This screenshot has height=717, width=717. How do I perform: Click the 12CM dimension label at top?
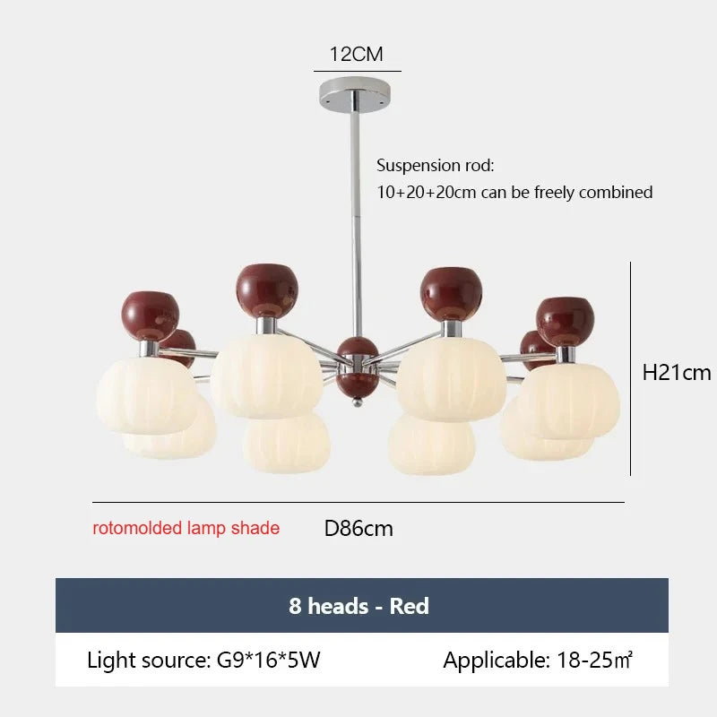point(356,54)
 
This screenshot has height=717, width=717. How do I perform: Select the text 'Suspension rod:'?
point(436,165)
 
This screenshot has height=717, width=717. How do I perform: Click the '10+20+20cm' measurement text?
point(427,193)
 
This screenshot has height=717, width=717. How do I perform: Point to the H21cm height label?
point(677,373)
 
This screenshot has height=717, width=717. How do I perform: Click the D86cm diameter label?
point(358,529)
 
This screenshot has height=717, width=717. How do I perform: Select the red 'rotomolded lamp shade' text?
point(186,528)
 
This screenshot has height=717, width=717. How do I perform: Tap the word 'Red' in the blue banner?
point(410,606)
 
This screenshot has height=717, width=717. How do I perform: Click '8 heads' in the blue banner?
point(329,606)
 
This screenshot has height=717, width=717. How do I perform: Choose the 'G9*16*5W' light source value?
point(268,660)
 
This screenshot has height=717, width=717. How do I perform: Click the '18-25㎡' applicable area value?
point(594,660)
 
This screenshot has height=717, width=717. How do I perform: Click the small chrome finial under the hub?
point(358,402)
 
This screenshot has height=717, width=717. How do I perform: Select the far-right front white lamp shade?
point(568,400)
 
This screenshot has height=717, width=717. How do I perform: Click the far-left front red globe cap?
point(150,316)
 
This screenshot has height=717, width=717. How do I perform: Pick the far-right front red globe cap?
point(566,322)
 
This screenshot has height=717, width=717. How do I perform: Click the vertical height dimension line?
point(631,368)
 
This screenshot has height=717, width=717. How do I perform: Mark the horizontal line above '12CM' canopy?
point(357,72)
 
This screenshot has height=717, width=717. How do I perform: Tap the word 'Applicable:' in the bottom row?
point(497,660)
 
